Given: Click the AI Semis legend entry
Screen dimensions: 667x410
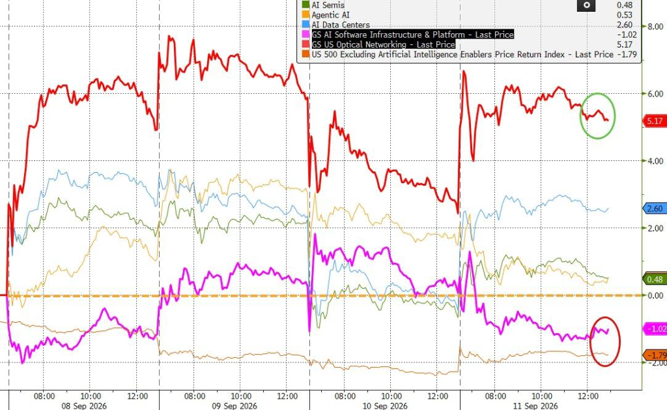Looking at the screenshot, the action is (328, 5).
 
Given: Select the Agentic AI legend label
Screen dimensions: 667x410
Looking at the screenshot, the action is (330, 15).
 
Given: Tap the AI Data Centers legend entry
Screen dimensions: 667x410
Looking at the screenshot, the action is (341, 25).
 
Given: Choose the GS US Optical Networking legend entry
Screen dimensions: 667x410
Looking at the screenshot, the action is (383, 44).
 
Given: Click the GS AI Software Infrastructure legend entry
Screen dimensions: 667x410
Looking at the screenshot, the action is (412, 35).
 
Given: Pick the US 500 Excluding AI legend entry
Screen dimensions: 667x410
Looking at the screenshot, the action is (462, 55).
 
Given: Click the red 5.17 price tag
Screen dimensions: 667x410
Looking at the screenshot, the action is (654, 121).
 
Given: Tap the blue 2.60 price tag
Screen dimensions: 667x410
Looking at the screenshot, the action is (654, 209).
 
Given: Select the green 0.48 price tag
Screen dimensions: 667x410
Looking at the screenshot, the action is (654, 279).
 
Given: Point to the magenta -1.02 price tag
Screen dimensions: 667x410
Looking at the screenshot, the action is (655, 329).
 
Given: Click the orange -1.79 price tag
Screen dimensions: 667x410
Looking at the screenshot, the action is (655, 355).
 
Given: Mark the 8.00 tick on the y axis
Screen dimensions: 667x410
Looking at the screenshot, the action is (655, 26).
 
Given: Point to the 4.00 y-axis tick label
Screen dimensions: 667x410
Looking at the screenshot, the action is (655, 161).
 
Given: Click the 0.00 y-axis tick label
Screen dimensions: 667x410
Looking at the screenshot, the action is (655, 295).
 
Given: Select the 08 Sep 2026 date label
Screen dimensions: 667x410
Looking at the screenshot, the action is (84, 405).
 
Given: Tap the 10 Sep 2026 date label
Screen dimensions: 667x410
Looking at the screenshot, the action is (385, 405).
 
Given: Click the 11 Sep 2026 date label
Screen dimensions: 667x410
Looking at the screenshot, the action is (535, 405).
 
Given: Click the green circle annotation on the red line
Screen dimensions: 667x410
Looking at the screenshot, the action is (580, 116).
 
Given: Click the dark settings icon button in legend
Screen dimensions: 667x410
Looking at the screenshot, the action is (586, 5).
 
